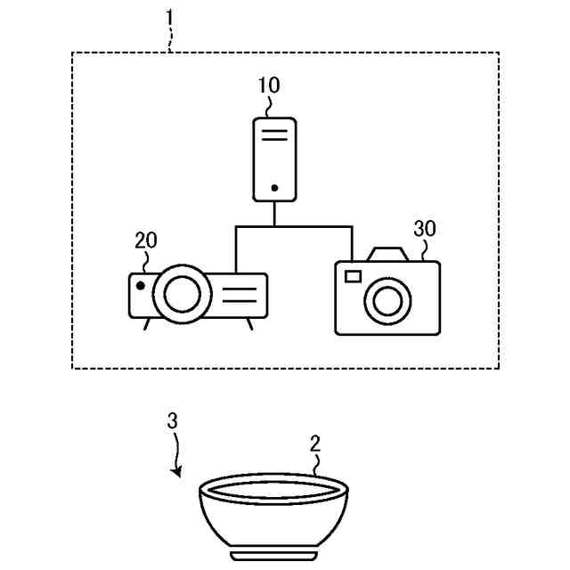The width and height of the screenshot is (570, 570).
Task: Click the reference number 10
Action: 268,85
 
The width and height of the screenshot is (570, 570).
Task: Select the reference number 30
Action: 425,228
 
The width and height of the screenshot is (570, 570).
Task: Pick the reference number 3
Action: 172,420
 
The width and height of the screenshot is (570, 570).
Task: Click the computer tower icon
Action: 274,159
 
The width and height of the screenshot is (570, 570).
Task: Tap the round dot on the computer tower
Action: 274,189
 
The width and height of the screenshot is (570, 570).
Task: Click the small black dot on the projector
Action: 141,285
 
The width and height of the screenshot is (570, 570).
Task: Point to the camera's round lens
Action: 387,301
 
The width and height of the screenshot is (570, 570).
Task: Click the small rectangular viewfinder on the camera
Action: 353,275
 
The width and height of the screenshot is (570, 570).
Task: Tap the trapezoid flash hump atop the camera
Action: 388,254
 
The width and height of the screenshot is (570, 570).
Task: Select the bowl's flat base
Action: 274,555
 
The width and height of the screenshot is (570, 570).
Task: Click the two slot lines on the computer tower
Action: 274,136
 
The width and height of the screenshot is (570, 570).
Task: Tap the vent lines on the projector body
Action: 239,295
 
